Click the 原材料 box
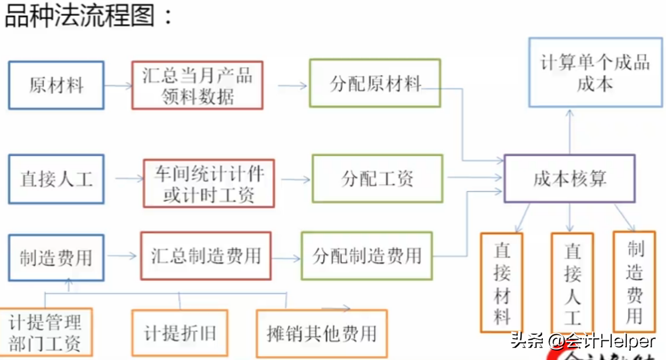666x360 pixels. pyautogui.click(x=56, y=86)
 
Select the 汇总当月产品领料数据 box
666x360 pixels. pyautogui.click(x=197, y=86)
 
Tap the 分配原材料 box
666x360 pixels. pyautogui.click(x=375, y=83)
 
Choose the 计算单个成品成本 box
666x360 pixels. pyautogui.click(x=595, y=72)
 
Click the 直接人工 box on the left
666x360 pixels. pyautogui.click(x=56, y=179)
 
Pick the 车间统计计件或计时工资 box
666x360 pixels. pyautogui.click(x=209, y=183)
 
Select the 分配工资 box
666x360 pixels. pyautogui.click(x=377, y=179)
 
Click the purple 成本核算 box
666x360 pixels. pyautogui.click(x=569, y=179)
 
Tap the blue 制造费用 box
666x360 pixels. pyautogui.click(x=56, y=258)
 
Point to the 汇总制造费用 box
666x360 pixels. pyautogui.click(x=205, y=256)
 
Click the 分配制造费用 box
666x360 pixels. pyautogui.click(x=366, y=256)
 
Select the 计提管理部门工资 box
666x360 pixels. pyautogui.click(x=46, y=332)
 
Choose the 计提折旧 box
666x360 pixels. pyautogui.click(x=180, y=333)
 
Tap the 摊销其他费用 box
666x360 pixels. pyautogui.click(x=322, y=333)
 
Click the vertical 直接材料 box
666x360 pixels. pyautogui.click(x=501, y=282)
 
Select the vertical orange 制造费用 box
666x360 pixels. pyautogui.click(x=634, y=281)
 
